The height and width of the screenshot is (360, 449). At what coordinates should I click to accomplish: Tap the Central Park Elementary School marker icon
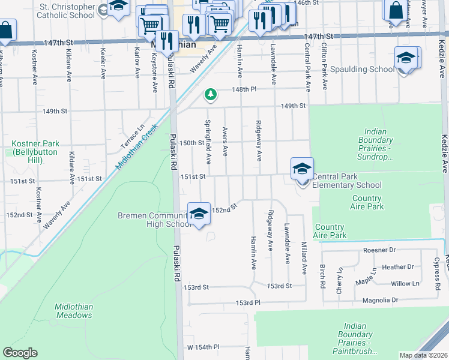(302, 169)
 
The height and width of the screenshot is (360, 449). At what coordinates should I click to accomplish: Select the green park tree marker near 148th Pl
(210, 94)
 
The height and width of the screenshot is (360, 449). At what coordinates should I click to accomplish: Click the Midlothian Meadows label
(74, 310)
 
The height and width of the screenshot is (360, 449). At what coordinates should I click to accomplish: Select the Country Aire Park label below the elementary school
(367, 202)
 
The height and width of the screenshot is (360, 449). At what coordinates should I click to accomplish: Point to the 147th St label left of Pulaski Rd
(58, 43)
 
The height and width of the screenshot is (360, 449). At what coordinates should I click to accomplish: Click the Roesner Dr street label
(380, 250)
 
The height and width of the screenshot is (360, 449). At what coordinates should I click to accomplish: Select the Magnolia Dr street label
(379, 300)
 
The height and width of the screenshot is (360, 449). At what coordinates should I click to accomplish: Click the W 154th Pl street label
(203, 347)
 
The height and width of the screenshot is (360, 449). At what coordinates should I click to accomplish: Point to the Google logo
(20, 353)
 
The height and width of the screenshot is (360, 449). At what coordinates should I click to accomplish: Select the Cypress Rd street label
(436, 271)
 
